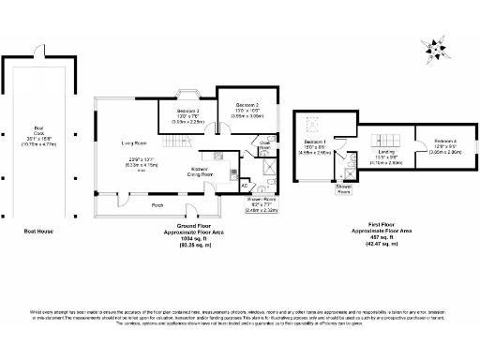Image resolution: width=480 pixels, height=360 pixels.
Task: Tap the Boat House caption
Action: coord(38,228)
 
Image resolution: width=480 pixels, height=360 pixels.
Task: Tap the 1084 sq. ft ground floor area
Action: coord(195,238)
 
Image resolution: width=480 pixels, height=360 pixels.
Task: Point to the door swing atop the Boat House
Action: coord(38,51)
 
